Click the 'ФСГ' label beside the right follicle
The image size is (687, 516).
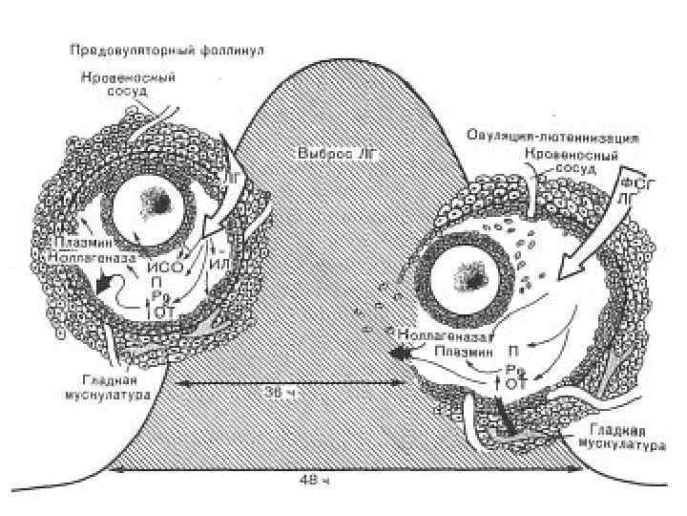[x=634, y=182]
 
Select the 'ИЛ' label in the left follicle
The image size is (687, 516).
[x=220, y=264]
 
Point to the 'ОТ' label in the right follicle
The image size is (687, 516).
[x=515, y=383]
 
